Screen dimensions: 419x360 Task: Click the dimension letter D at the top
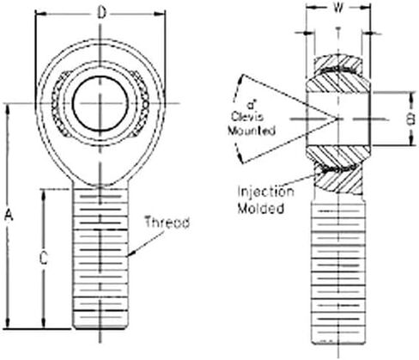click(101, 13)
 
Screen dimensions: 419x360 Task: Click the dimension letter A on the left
click(9, 215)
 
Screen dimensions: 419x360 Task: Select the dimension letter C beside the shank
click(44, 259)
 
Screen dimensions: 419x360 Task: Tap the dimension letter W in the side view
click(338, 8)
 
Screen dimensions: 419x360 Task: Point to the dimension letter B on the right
click(410, 119)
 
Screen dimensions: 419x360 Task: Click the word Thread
click(167, 222)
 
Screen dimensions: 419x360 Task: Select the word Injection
click(266, 192)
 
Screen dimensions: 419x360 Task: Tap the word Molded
click(261, 208)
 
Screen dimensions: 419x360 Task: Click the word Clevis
click(247, 117)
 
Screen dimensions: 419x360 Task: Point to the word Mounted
click(252, 131)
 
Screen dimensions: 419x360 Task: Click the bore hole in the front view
click(100, 104)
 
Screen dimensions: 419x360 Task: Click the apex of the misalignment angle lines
click(337, 119)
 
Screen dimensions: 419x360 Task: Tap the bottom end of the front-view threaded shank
click(100, 328)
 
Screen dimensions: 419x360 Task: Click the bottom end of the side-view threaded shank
click(338, 343)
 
